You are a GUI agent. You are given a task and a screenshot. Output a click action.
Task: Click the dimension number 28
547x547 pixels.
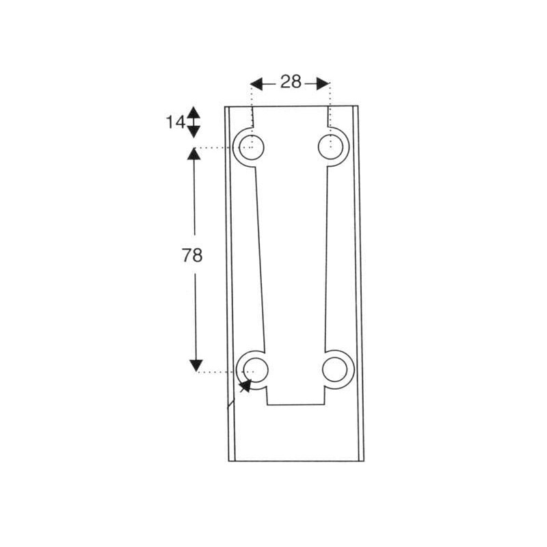[291, 82]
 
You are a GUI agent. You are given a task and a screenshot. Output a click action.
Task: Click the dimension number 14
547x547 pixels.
[176, 122]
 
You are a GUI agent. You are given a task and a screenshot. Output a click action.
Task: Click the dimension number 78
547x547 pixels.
[192, 255]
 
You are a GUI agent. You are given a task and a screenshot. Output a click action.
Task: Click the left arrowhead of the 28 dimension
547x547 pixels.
[256, 83]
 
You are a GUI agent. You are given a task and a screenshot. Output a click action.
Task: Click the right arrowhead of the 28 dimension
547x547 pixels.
[323, 83]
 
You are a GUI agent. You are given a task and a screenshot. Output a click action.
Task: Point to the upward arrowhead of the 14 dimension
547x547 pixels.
[194, 111]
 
